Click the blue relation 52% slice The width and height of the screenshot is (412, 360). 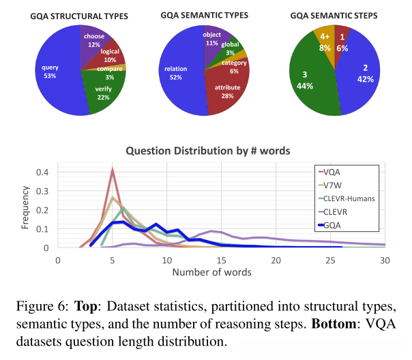coord(174,75)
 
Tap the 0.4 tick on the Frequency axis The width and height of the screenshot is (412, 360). coord(42,172)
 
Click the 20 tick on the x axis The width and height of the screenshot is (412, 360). coord(276,260)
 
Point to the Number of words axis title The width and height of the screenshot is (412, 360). coord(211,273)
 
